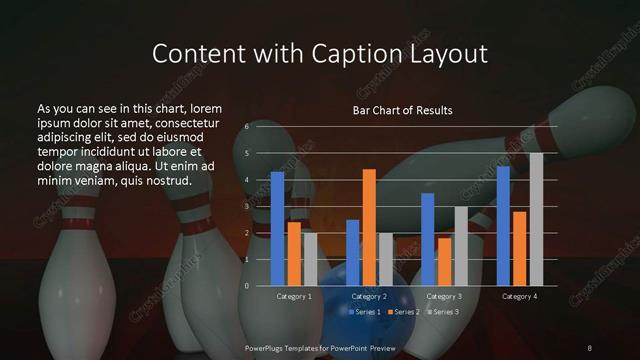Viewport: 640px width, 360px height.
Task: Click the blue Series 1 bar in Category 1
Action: point(277,228)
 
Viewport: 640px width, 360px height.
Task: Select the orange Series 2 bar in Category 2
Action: point(369,227)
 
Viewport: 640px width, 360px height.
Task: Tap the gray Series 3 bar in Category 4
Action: point(536,219)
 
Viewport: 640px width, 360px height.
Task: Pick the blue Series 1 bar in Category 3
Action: point(428,239)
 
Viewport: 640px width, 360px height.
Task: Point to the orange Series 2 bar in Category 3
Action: point(444,261)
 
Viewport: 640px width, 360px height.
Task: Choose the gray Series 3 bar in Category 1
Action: point(310,259)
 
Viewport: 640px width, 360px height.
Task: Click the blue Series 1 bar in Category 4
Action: point(503,225)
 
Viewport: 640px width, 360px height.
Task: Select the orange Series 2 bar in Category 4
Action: point(519,248)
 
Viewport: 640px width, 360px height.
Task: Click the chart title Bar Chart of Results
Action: point(402,110)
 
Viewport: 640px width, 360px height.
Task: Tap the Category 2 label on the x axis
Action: point(369,297)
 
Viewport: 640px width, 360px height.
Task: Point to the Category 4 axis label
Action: point(519,297)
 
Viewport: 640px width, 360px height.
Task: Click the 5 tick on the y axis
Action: point(246,153)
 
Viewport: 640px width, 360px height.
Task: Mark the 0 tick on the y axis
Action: point(246,286)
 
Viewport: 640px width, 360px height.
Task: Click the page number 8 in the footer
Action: point(589,346)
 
